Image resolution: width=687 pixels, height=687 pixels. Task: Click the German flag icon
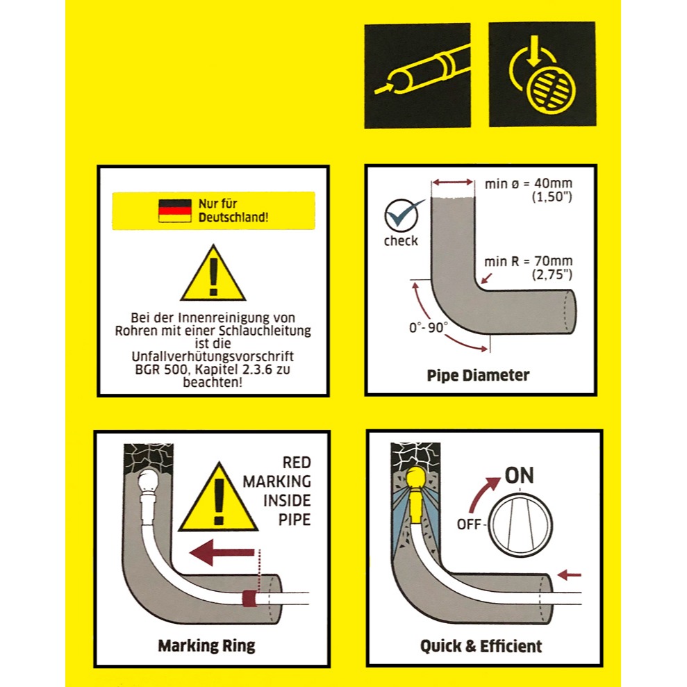click(x=175, y=210)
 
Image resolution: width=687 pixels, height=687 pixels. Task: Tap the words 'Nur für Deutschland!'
click(x=233, y=210)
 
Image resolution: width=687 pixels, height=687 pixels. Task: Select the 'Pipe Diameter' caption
click(x=478, y=376)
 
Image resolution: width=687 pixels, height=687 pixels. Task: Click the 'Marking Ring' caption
click(x=206, y=645)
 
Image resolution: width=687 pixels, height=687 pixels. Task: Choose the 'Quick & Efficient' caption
click(x=481, y=646)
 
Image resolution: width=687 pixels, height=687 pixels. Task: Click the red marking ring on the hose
click(x=249, y=598)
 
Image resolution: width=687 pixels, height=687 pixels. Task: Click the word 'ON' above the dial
click(x=519, y=475)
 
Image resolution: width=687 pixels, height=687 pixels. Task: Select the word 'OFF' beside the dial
click(x=469, y=524)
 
